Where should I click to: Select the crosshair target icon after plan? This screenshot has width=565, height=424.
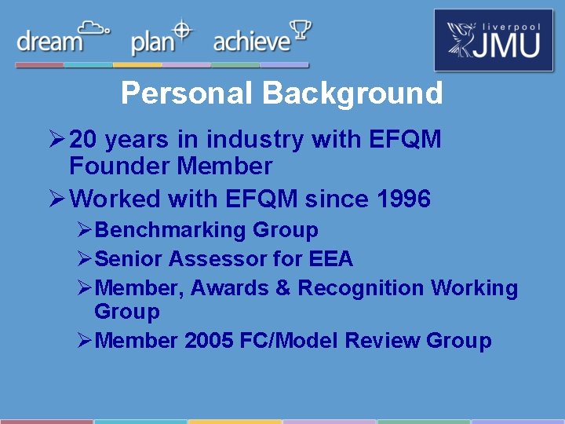coord(182,30)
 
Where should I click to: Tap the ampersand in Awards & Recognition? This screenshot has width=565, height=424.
coord(282,288)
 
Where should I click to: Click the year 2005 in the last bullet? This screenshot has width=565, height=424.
coord(204,341)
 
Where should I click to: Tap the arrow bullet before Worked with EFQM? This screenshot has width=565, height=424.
coord(56,199)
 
